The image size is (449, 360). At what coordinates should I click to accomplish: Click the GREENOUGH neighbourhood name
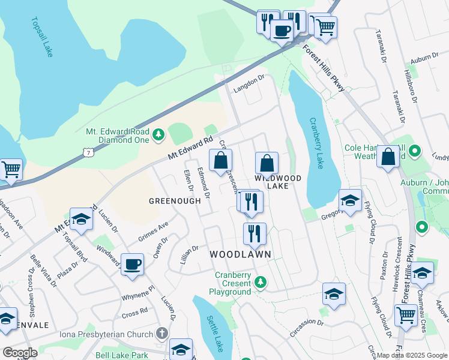click(175, 201)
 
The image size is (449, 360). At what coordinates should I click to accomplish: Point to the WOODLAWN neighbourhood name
click(240, 254)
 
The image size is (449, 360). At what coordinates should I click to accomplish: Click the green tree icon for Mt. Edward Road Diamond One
click(158, 134)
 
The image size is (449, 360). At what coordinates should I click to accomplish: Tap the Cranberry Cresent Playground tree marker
click(260, 281)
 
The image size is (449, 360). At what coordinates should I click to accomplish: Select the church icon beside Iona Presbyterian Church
click(161, 333)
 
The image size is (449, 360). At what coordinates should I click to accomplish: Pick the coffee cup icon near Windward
click(132, 264)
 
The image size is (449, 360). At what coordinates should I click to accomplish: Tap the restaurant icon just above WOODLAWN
click(255, 233)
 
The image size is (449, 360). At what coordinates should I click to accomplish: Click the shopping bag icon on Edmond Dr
click(220, 160)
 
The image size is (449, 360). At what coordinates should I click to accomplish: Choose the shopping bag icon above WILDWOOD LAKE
click(267, 163)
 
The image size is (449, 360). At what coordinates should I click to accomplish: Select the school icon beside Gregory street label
click(350, 200)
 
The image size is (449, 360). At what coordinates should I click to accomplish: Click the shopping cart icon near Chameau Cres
click(406, 314)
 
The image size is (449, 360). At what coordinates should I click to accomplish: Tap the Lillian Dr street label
click(189, 255)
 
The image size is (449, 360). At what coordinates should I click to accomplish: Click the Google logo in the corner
click(20, 353)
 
